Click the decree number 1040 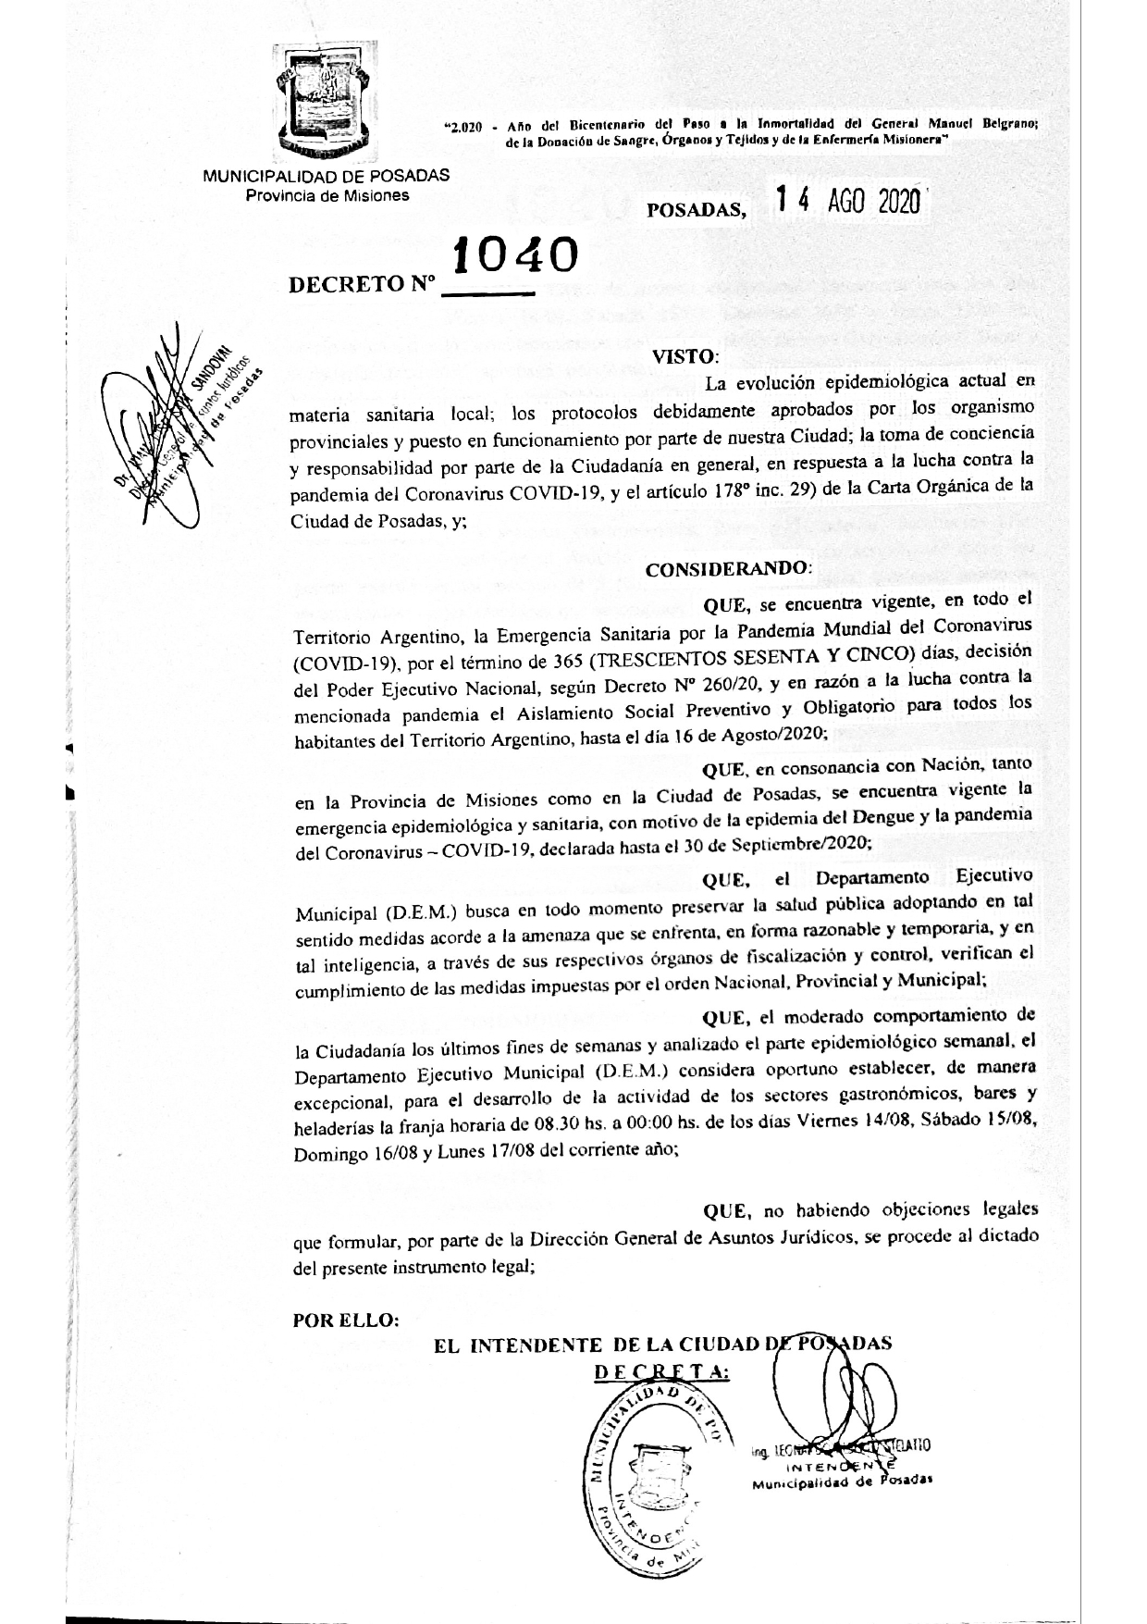[x=514, y=255]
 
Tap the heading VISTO [x=684, y=356]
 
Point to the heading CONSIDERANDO [x=728, y=570]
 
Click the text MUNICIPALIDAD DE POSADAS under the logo [x=326, y=175]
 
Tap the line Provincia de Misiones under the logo [x=326, y=195]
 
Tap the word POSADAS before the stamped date [x=697, y=210]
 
